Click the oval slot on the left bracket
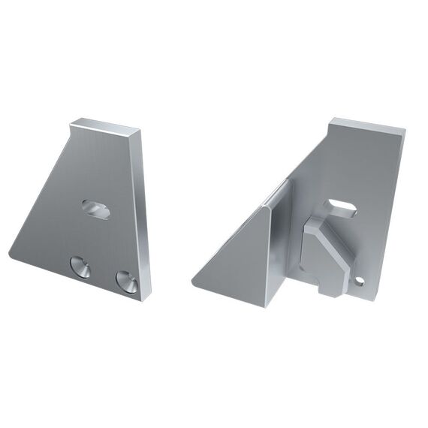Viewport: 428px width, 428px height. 96,209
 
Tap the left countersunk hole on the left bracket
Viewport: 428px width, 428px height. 80,267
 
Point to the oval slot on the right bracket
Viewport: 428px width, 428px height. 340,207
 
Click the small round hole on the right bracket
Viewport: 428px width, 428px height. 360,281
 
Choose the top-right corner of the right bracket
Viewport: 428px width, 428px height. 405,128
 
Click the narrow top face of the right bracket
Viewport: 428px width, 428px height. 368,123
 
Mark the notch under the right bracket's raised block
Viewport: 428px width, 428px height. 318,285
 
